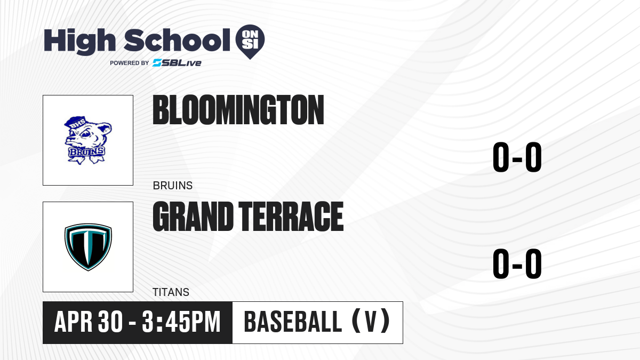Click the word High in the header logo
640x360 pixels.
point(79,42)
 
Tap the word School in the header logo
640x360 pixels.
point(177,40)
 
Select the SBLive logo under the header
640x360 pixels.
point(177,63)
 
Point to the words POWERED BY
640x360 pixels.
point(130,63)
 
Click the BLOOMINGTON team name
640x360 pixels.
point(238,110)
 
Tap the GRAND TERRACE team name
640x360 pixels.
point(248,217)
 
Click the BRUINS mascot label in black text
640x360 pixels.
point(173,186)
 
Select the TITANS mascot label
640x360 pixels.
point(171,292)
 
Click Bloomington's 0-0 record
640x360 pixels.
point(517,157)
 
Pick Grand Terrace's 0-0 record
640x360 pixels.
point(517,263)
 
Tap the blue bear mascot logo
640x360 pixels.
point(87,140)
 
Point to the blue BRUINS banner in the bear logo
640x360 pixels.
point(86,152)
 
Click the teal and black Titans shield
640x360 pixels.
point(88,247)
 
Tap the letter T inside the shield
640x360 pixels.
point(88,245)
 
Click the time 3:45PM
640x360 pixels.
point(181,322)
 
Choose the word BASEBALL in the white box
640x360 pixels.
point(293,322)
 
